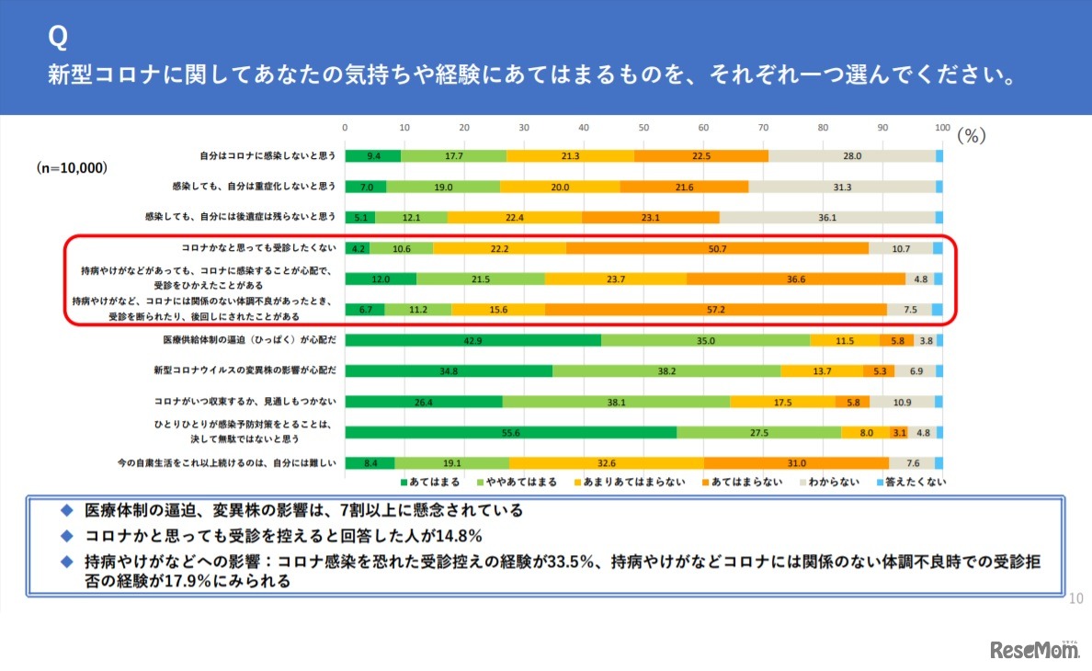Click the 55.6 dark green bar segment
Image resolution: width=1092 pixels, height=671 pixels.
click(510, 432)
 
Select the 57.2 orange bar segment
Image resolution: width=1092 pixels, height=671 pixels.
click(716, 310)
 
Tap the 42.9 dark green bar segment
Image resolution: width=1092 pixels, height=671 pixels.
click(472, 340)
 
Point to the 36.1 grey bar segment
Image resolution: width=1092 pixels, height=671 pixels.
click(826, 218)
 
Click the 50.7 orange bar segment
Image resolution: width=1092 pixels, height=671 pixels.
click(718, 248)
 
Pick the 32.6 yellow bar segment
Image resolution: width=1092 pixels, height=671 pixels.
click(607, 463)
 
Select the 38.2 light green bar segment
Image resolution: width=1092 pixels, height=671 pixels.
click(666, 371)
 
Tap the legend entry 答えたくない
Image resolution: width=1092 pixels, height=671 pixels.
click(909, 481)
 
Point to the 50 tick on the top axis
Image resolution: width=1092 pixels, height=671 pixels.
click(643, 128)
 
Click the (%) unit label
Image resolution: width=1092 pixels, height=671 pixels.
click(972, 135)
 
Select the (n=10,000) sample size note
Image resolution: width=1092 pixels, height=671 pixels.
click(72, 169)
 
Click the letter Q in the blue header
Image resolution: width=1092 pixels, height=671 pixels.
click(57, 37)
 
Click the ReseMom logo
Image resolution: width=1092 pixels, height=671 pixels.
click(1033, 650)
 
